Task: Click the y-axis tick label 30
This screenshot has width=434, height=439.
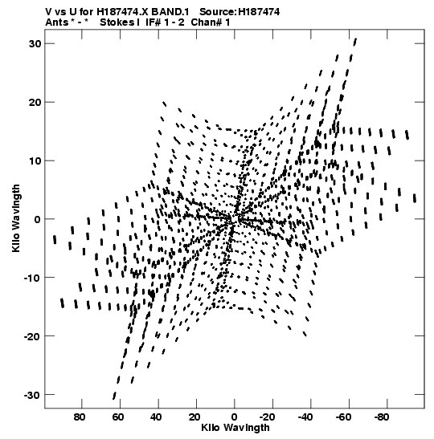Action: (35, 43)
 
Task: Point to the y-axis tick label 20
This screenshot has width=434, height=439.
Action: (35, 102)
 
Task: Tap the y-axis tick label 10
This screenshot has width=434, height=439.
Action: (35, 161)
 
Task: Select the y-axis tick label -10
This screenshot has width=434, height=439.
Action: (32, 278)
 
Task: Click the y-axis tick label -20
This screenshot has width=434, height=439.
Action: (32, 336)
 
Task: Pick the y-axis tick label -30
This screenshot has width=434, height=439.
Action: (32, 395)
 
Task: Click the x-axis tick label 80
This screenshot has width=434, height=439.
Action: (80, 417)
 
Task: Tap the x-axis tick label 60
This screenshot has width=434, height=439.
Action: (118, 417)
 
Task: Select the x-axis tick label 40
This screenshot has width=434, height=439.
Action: (156, 417)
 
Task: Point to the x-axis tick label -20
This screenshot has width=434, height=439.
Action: (267, 417)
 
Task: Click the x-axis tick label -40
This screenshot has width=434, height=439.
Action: (305, 417)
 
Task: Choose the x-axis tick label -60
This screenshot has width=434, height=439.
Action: (343, 417)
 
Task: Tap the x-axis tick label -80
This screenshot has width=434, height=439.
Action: (382, 417)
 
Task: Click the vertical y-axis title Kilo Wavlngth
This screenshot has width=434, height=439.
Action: (16, 218)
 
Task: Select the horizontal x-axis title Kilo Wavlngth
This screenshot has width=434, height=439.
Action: (235, 428)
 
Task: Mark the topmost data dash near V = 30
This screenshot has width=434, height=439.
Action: (355, 42)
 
